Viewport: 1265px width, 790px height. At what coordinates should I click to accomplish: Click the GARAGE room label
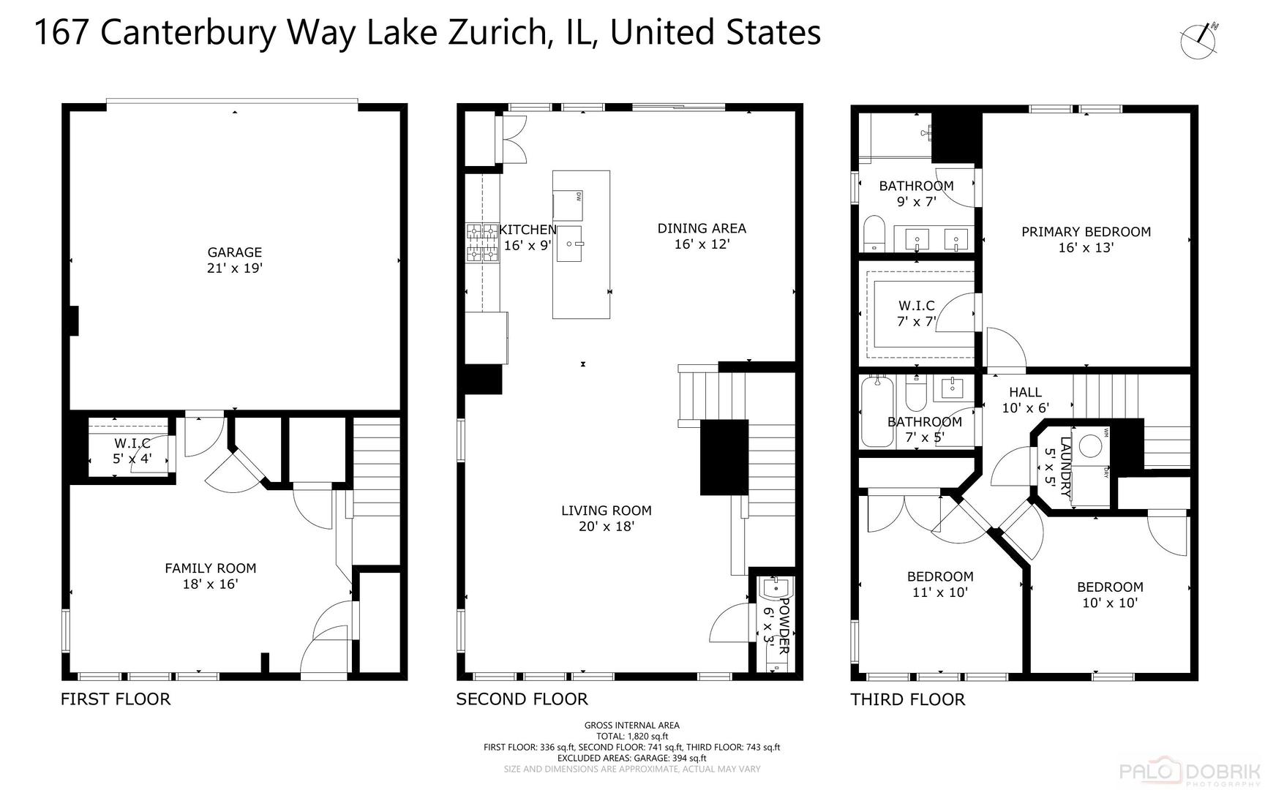pos(234,252)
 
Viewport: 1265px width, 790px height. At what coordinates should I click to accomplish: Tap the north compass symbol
pos(1199,40)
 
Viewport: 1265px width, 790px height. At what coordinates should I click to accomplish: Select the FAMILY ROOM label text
pos(210,568)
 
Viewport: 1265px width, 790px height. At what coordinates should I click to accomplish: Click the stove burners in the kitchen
pos(482,243)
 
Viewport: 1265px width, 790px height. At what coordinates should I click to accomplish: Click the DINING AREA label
pos(701,228)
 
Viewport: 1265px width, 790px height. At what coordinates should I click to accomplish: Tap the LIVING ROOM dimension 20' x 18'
pos(606,527)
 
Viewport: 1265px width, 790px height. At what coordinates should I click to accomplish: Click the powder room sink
pos(774,588)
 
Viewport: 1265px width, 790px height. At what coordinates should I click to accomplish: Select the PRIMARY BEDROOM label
pos(1086,232)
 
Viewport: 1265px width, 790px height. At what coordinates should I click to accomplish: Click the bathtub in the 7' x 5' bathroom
pos(877,411)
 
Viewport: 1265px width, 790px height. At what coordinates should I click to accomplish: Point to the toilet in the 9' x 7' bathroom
pos(874,233)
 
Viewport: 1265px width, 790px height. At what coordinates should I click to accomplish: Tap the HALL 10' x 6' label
pos(1025,400)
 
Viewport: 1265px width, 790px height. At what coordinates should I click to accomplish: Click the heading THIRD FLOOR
pos(907,700)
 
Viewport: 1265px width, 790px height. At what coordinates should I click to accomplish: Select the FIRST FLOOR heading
pos(116,699)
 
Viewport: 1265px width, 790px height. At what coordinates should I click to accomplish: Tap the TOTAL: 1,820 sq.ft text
pos(631,737)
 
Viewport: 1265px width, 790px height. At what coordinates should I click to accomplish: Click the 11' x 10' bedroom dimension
pos(939,592)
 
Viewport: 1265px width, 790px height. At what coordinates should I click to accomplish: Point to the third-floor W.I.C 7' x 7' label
pos(916,314)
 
